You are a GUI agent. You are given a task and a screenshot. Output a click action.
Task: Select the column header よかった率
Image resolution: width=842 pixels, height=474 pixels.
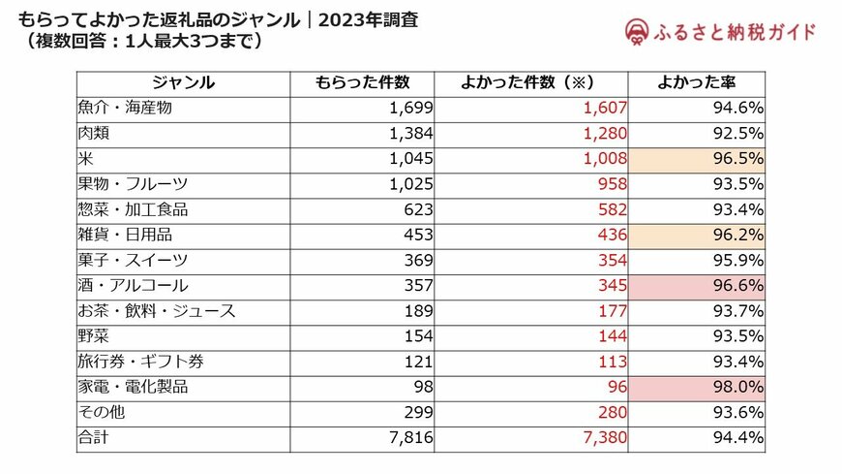pos(696,83)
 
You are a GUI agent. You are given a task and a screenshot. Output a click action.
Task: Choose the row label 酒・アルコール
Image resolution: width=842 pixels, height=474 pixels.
pos(133,286)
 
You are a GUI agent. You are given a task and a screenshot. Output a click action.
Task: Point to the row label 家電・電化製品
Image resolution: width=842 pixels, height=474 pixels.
pos(133,387)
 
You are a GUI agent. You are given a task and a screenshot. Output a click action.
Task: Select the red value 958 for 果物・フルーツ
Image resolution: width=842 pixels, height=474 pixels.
pos(613,184)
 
